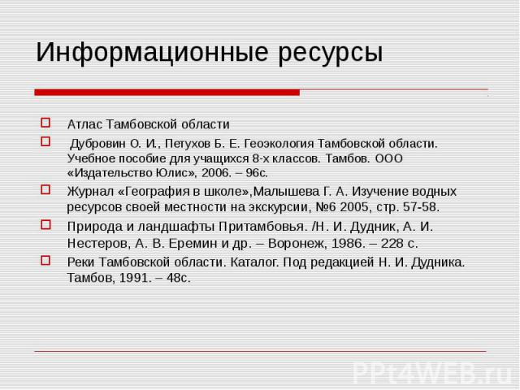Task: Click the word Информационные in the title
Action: (152, 53)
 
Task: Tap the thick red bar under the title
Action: (167, 93)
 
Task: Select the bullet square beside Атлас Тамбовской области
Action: (45, 123)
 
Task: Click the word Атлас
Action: (84, 124)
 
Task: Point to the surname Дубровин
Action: (97, 144)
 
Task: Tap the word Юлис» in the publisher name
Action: (174, 173)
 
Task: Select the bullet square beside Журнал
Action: (45, 189)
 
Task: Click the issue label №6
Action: (326, 207)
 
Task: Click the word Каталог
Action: (253, 262)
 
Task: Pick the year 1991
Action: (132, 278)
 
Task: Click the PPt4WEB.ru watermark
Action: (433, 374)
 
